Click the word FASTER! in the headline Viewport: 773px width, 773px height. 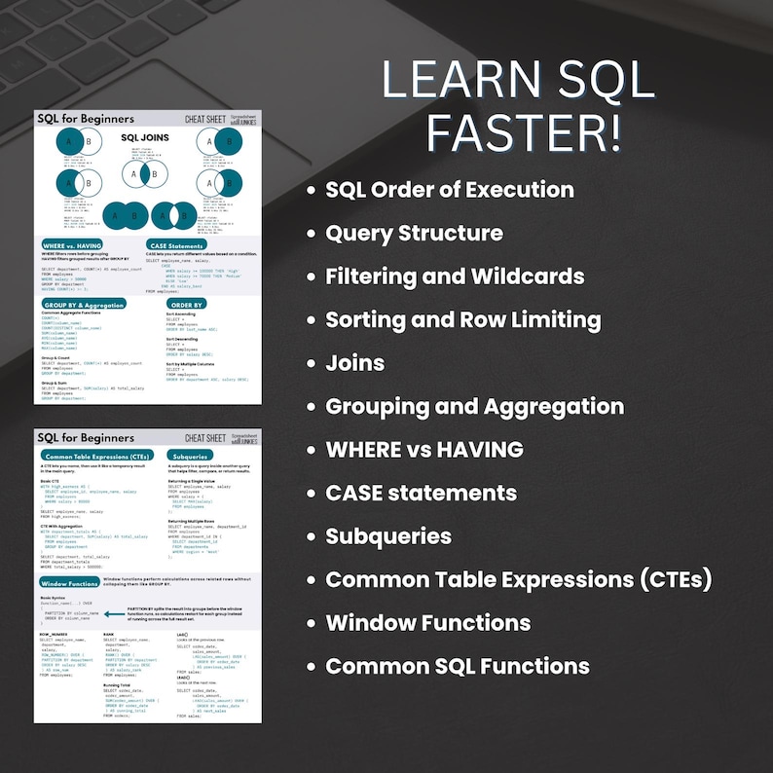523,132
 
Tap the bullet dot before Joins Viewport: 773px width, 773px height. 311,364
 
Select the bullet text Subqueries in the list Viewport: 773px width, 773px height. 387,536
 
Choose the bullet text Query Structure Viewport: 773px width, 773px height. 414,234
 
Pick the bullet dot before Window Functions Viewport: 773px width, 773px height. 311,623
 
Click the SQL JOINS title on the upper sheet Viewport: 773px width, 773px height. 144,137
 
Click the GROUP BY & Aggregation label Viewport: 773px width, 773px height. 84,305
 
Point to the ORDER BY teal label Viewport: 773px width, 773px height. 186,305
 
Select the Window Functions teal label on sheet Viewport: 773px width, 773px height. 68,583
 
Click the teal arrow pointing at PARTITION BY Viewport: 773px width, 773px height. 116,614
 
